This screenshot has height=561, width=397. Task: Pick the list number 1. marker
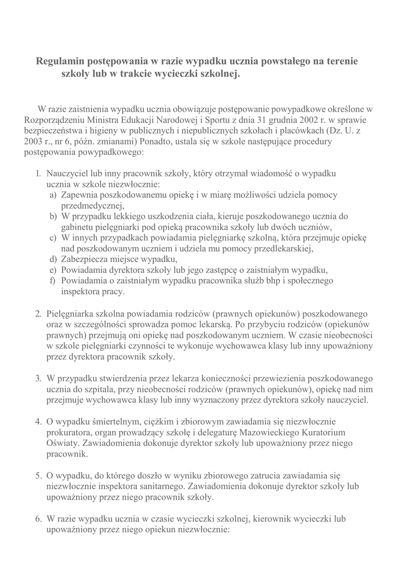pyautogui.click(x=38, y=173)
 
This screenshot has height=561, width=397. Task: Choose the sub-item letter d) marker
pyautogui.click(x=53, y=260)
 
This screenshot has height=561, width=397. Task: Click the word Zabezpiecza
pyautogui.click(x=87, y=260)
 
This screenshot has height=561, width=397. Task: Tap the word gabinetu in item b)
pyautogui.click(x=78, y=227)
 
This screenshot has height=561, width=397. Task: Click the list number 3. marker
pyautogui.click(x=38, y=379)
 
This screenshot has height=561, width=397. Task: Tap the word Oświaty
pyautogui.click(x=62, y=444)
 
